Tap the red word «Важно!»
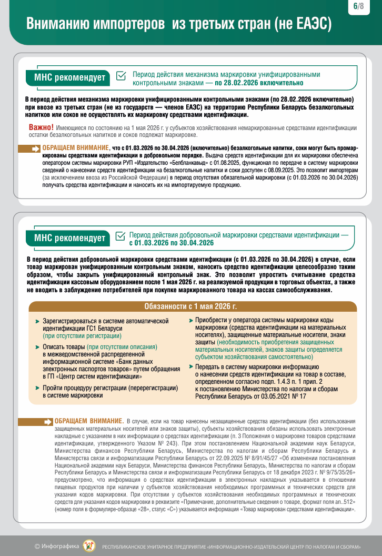[41, 127]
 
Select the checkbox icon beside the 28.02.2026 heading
[120, 76]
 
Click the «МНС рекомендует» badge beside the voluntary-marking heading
[69, 238]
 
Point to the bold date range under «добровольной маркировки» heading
[171, 243]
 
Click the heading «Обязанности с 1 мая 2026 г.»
[190, 306]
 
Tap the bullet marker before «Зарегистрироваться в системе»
[37, 321]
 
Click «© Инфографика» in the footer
[57, 545]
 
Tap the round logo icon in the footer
[89, 545]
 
